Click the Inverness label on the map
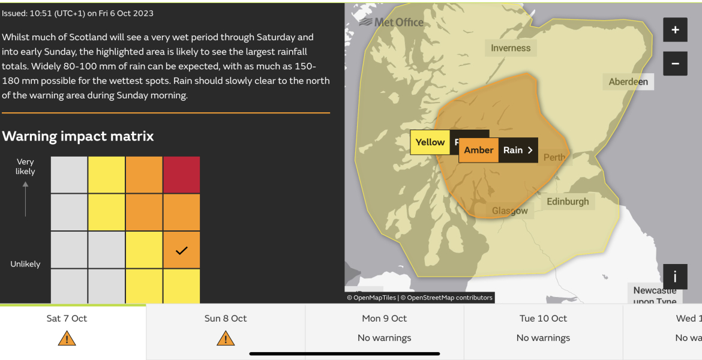(x=511, y=48)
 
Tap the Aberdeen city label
(x=628, y=82)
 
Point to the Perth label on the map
(x=554, y=157)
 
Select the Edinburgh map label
(x=568, y=202)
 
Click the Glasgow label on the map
(x=510, y=211)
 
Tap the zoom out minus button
(x=675, y=63)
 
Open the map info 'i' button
(x=675, y=277)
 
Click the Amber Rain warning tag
(x=498, y=150)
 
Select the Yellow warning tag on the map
(x=430, y=142)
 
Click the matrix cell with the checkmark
(x=181, y=250)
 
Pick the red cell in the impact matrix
(x=181, y=175)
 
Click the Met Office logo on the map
(x=391, y=22)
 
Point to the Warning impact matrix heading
(x=78, y=136)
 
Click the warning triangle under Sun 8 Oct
(x=226, y=339)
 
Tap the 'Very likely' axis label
(x=25, y=166)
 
